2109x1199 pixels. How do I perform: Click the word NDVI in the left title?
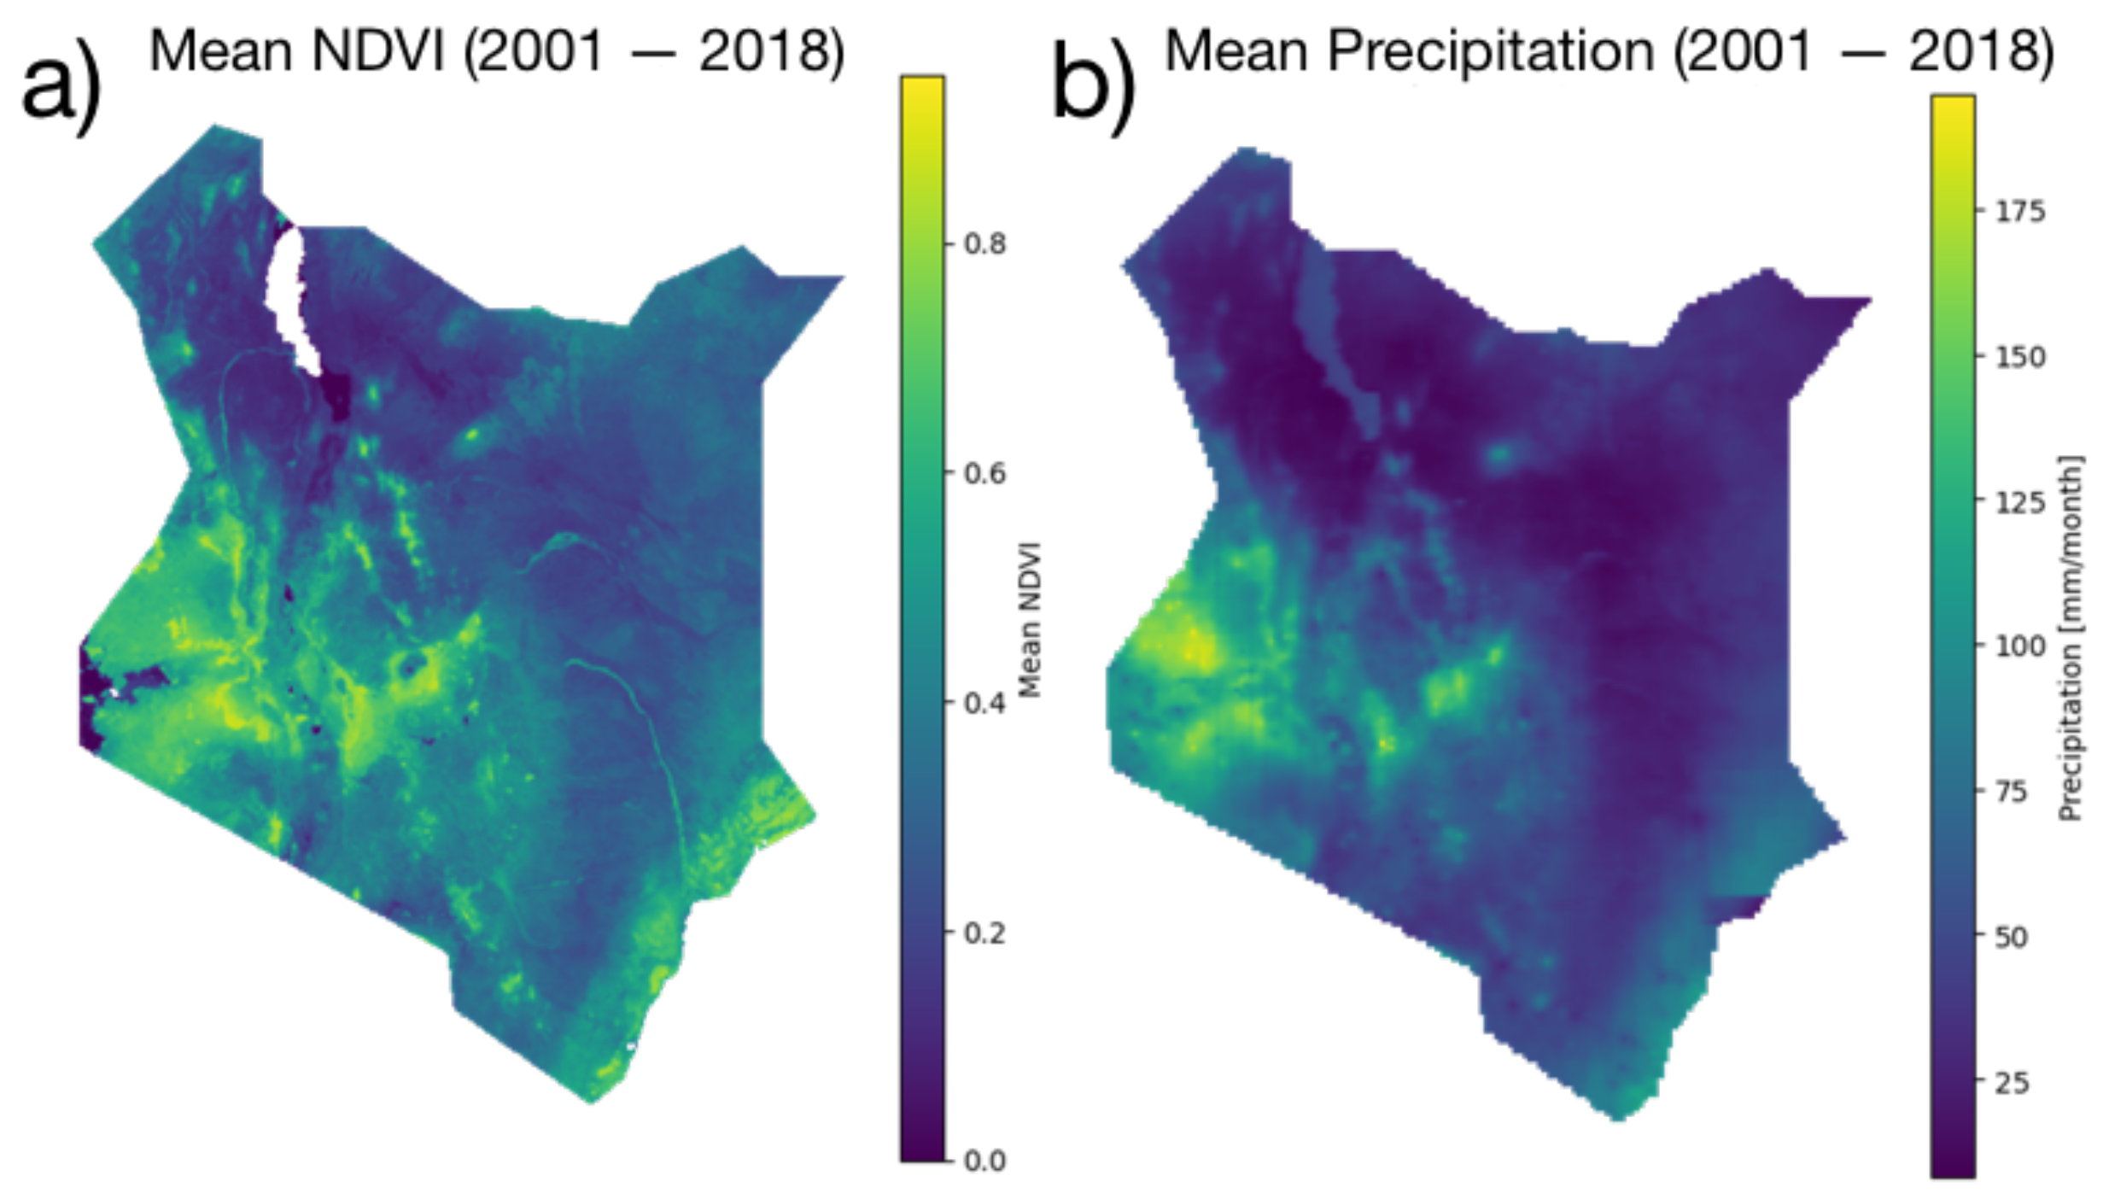point(377,51)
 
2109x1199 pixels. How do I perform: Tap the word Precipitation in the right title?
point(1490,51)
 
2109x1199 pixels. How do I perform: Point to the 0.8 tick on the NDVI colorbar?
point(984,244)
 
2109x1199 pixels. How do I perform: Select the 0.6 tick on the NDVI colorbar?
point(984,473)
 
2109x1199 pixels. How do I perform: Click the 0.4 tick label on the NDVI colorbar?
point(984,703)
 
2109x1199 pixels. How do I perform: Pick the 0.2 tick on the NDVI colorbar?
point(984,933)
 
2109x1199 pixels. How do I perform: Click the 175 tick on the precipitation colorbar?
point(2020,211)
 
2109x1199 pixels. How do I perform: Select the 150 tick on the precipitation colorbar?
point(2020,356)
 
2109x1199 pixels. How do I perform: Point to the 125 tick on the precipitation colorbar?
point(2020,501)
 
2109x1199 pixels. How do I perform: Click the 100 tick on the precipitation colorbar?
point(2020,646)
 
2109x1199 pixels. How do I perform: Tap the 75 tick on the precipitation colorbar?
point(2012,792)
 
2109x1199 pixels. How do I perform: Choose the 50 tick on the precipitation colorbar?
point(2012,937)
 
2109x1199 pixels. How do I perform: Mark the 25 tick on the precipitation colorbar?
point(2012,1083)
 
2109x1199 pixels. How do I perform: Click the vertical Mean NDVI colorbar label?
point(1031,619)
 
